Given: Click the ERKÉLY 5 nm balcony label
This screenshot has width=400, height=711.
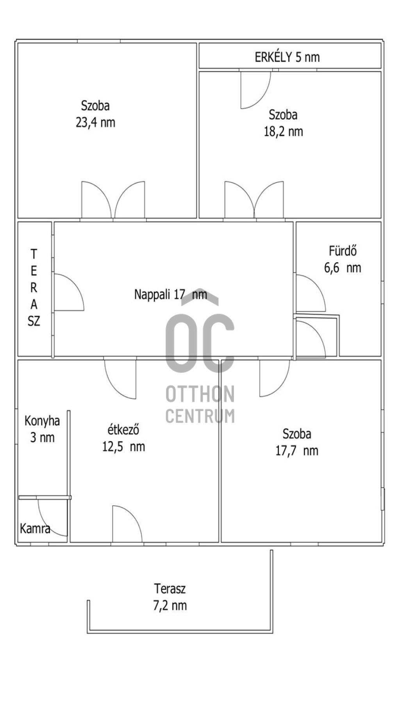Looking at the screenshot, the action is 287,57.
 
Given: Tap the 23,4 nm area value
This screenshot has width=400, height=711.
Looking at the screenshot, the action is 95,123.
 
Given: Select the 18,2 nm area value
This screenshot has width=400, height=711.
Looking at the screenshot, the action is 283,132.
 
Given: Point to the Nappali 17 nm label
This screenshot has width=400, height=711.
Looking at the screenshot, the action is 171,294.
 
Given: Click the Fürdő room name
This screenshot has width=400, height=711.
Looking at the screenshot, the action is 343,250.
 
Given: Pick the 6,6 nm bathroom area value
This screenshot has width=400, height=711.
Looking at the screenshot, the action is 343,268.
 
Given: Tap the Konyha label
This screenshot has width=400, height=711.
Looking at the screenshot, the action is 42,421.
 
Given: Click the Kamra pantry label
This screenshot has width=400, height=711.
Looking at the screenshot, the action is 35,529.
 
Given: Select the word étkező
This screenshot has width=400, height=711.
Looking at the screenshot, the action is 123,430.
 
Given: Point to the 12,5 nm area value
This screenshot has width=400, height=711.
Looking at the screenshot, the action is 123,447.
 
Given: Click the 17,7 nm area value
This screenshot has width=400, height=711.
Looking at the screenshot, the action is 297,451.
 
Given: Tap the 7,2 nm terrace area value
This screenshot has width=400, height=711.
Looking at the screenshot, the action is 170,606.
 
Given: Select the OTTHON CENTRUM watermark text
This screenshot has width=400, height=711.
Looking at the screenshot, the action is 200,404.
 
